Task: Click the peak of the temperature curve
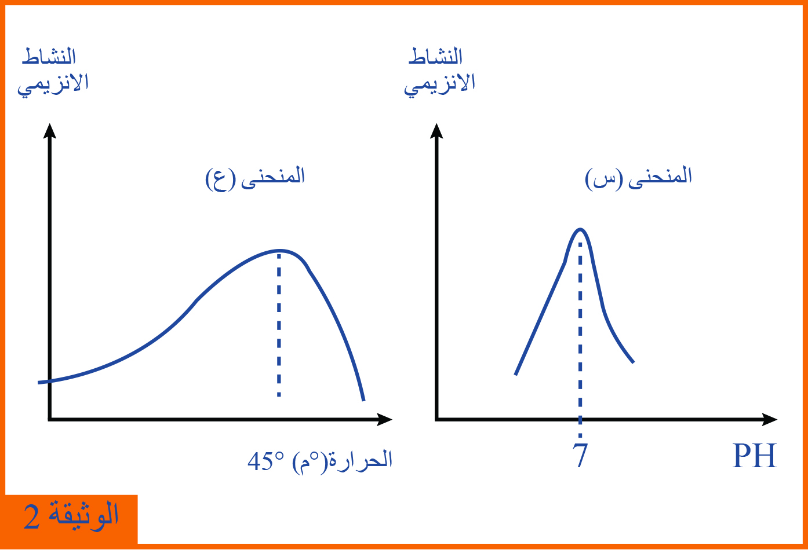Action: pos(279,251)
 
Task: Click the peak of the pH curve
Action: pos(580,229)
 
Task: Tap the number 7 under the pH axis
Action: pos(580,455)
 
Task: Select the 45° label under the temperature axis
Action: pos(266,461)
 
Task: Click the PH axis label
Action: pos(755,456)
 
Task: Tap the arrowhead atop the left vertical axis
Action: pos(50,130)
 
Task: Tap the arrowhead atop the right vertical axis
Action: pos(436,130)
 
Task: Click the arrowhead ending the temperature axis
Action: pos(385,419)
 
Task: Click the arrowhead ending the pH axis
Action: pos(770,419)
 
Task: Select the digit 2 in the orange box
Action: pos(31,517)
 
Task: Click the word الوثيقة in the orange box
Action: pos(83,516)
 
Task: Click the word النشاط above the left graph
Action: pos(49,57)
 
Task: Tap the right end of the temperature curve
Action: pos(363,400)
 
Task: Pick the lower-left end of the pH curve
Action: pos(515,375)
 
